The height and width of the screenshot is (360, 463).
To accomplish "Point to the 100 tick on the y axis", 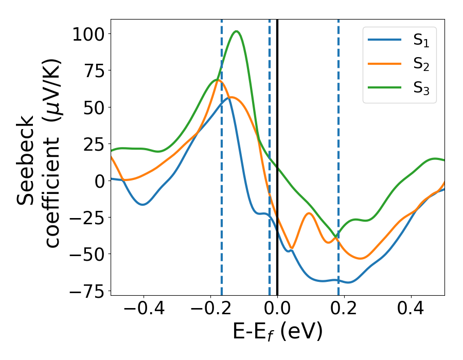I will point(88,34).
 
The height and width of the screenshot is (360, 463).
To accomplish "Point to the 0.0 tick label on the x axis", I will point(277,309).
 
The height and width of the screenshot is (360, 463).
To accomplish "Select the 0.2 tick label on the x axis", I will point(344,309).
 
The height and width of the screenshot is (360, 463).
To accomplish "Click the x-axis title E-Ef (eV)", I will point(277,332).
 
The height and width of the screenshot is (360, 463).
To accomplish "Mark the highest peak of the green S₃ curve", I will point(236,31).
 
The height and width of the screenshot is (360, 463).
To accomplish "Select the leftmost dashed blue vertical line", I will point(222,154).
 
